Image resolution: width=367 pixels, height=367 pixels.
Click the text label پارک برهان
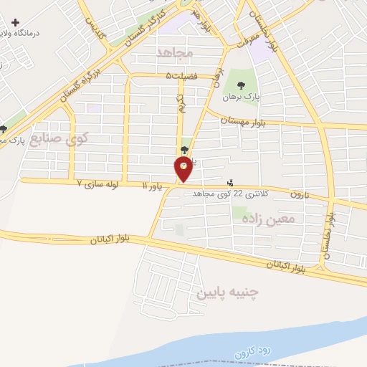pyautogui.click(x=236, y=96)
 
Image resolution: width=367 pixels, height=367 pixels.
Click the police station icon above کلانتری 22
pyautogui.click(x=230, y=183)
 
